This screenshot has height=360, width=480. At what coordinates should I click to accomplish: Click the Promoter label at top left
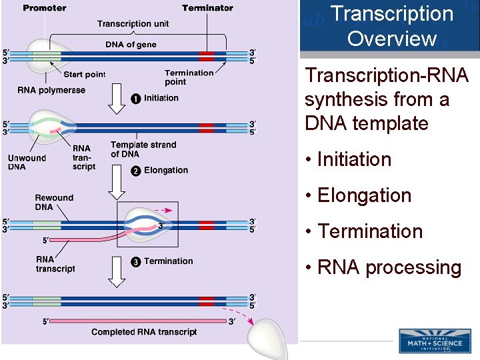coord(44,8)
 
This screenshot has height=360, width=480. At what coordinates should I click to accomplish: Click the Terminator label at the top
coord(207,8)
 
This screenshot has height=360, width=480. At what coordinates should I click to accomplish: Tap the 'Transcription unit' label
coord(133,24)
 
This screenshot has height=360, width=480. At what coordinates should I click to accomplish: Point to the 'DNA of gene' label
coord(131,45)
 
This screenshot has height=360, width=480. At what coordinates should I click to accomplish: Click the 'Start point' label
coord(84,74)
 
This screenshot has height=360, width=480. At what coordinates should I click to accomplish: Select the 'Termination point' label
coord(189,77)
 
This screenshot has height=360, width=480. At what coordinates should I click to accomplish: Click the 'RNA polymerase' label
coord(51,90)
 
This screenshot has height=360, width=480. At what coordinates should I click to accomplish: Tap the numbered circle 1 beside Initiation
coord(135,99)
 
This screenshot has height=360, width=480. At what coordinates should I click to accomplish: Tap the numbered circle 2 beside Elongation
coord(135,171)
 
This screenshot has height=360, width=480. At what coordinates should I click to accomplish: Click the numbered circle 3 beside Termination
coord(135,261)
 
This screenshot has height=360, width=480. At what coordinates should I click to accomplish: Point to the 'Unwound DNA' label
coord(27,162)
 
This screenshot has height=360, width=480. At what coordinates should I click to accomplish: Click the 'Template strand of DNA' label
coord(143,149)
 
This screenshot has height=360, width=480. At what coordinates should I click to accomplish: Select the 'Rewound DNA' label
coord(54,202)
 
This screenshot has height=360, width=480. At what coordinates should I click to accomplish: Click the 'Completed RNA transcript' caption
coord(144,332)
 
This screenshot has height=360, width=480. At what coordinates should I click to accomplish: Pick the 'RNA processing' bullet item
coord(383,267)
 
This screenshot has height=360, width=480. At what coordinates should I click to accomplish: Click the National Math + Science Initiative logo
coord(434,340)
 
